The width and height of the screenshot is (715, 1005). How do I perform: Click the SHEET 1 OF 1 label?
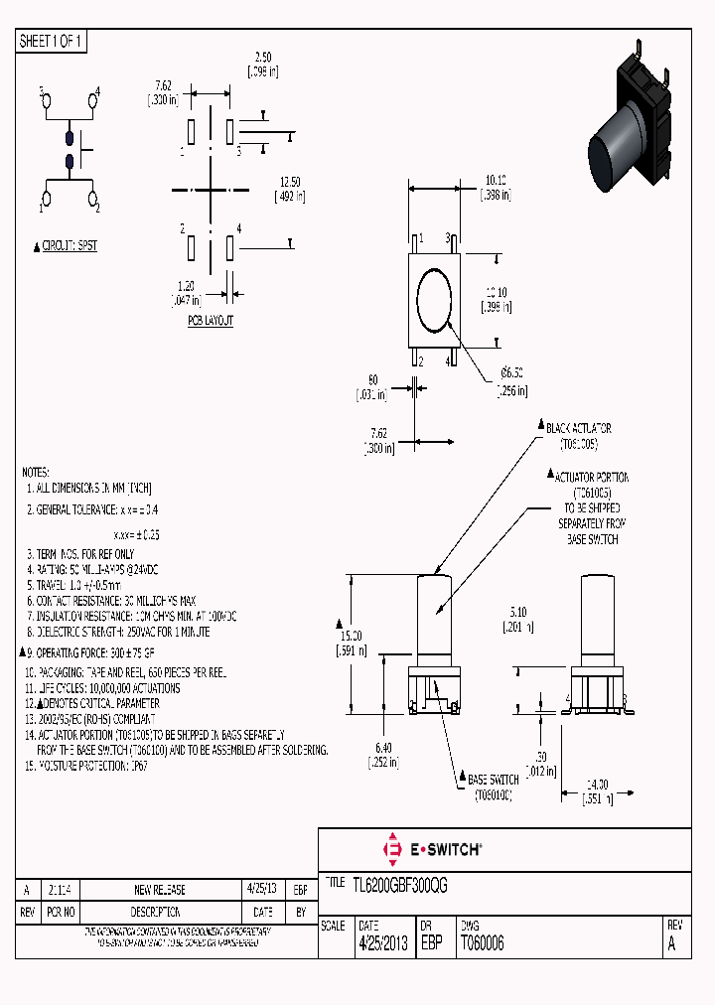52,42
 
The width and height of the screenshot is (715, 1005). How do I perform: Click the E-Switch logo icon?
391,850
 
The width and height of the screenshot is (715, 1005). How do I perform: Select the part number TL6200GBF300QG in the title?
399,887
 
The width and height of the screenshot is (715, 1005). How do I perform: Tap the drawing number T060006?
482,944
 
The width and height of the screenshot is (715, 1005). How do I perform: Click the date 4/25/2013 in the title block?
381,944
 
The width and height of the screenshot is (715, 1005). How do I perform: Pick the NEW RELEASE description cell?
159,890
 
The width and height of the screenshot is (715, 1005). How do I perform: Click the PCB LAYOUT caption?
210,323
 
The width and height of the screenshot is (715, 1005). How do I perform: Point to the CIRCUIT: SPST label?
69,245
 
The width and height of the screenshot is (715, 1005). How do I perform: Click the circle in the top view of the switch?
435,299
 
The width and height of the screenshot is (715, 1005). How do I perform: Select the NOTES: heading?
36,473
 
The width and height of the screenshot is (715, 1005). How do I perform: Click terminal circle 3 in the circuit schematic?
45,100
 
